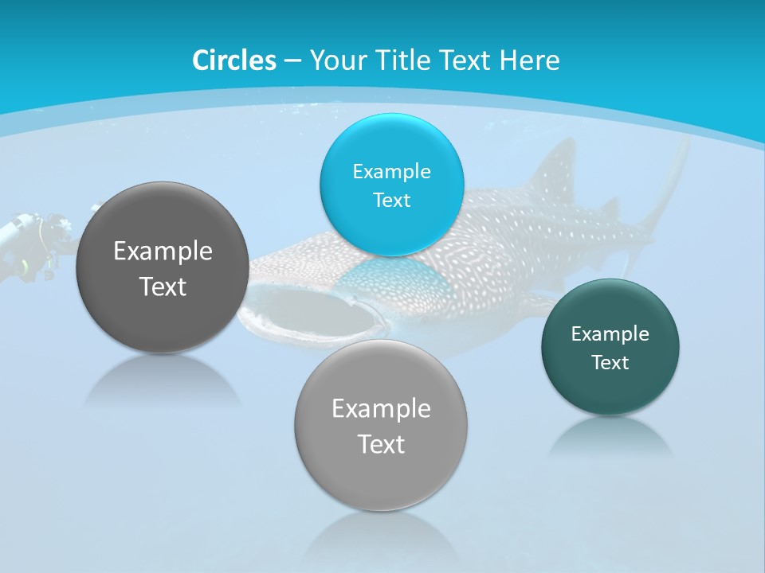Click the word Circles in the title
click(x=234, y=60)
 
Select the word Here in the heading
click(x=529, y=60)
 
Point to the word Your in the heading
click(x=335, y=60)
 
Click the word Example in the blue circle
click(x=392, y=172)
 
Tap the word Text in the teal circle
click(x=610, y=363)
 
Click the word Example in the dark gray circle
click(x=163, y=251)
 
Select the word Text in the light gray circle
click(x=381, y=444)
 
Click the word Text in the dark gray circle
click(x=163, y=287)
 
